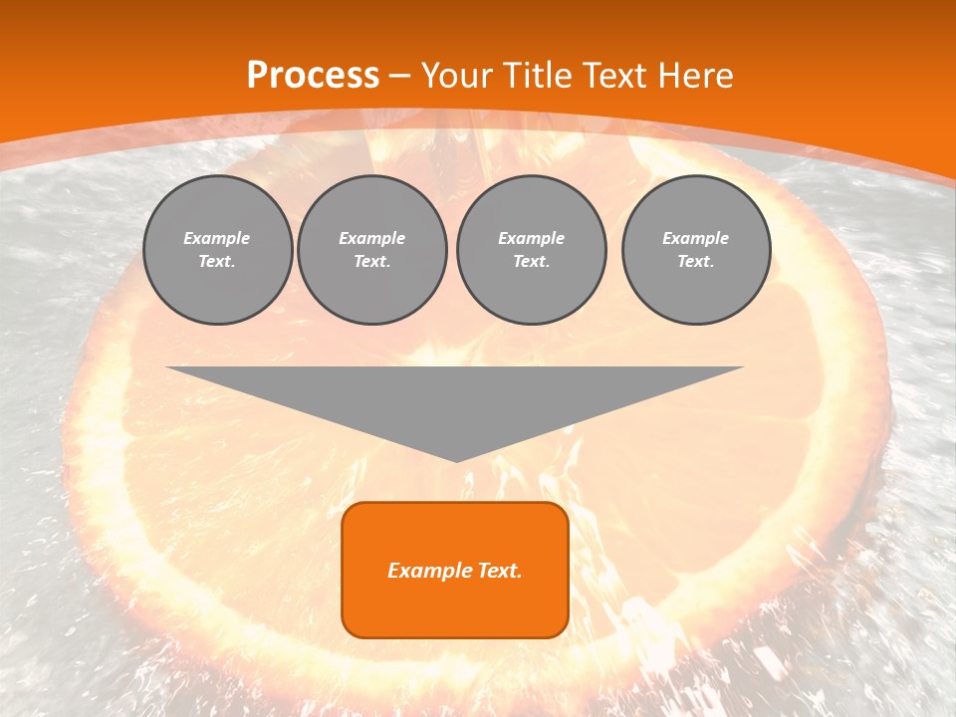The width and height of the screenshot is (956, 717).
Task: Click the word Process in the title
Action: (313, 76)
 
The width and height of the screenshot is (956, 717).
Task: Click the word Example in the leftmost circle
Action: (217, 238)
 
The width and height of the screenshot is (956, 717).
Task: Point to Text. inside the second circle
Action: (371, 262)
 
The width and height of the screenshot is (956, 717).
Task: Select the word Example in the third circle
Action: (531, 238)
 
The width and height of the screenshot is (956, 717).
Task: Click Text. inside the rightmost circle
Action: (695, 262)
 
